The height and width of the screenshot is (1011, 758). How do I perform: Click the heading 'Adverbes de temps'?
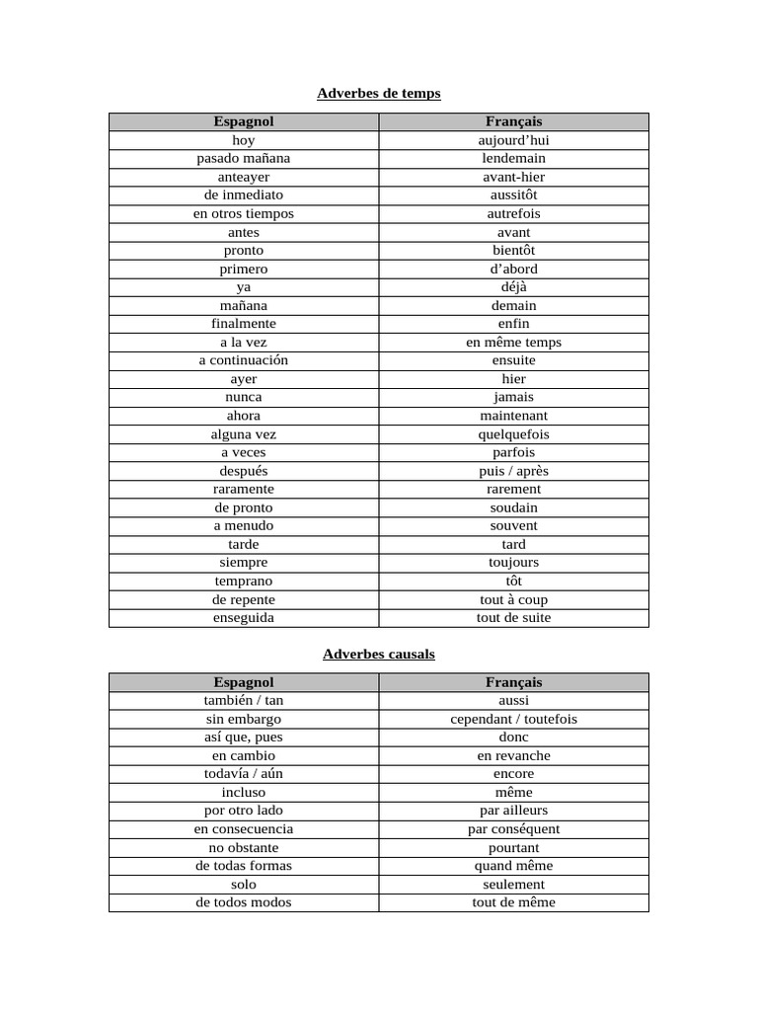(378, 93)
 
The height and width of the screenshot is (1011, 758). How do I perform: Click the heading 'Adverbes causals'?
(378, 654)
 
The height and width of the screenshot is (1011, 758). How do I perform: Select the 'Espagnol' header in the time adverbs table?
(243, 121)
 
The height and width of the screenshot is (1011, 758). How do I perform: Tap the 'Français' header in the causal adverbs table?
(513, 682)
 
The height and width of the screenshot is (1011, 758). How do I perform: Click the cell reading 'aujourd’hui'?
(513, 140)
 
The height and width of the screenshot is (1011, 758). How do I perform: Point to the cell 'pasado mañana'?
(243, 158)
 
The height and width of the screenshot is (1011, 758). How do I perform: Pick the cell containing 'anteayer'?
(243, 177)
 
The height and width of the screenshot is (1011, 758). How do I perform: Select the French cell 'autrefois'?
(513, 213)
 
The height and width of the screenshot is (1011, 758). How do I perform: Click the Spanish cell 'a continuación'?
(243, 360)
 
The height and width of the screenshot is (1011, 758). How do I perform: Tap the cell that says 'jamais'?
(513, 397)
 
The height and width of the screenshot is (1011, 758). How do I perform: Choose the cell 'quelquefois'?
(513, 434)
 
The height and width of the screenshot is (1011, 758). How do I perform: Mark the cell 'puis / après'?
(513, 471)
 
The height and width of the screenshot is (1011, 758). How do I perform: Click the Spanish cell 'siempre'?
(243, 562)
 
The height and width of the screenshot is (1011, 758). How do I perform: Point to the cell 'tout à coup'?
(513, 599)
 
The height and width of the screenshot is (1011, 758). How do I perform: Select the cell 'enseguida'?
(243, 617)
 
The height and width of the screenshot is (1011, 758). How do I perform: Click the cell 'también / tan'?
(243, 700)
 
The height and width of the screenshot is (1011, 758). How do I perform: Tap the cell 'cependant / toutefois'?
(513, 719)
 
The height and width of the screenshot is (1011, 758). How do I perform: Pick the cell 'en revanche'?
(513, 755)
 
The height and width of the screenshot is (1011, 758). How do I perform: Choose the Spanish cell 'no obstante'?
(243, 847)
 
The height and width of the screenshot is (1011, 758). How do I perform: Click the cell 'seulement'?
(513, 885)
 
